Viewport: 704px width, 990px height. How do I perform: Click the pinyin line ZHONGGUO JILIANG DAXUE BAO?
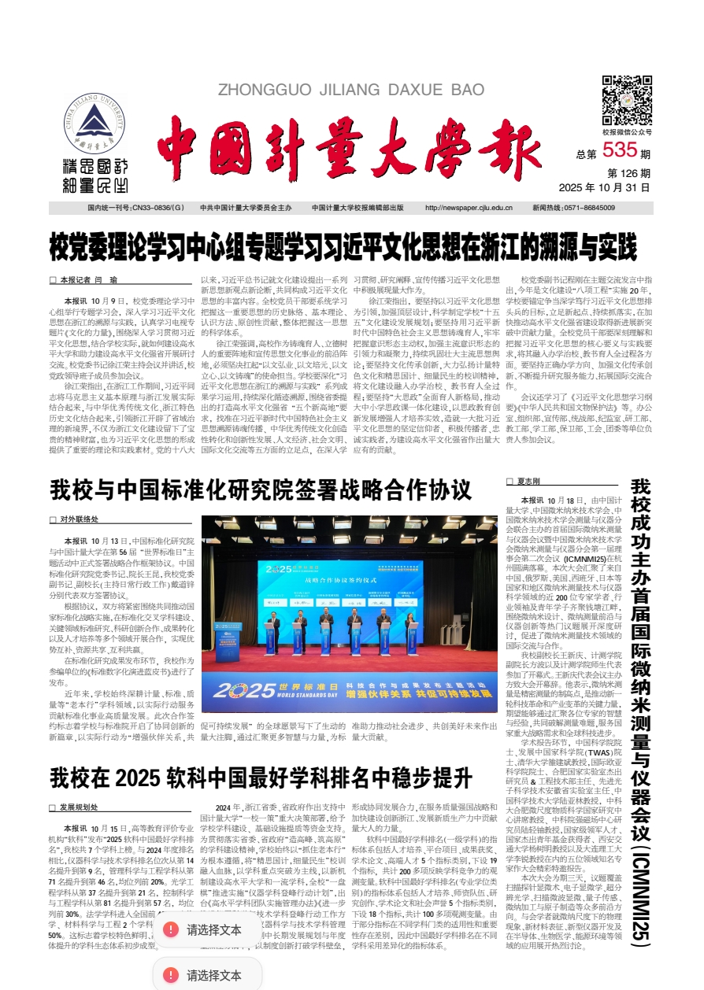(x=350, y=90)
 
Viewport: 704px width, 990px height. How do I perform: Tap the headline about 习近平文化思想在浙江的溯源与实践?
(x=343, y=247)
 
